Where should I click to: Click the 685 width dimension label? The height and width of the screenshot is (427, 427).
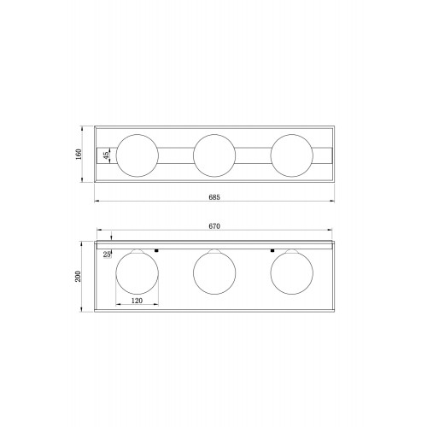tap(214, 197)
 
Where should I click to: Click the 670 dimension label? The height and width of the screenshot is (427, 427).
tap(214, 226)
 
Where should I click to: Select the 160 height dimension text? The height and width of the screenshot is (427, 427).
tap(79, 154)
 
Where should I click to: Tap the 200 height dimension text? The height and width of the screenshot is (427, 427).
tap(78, 276)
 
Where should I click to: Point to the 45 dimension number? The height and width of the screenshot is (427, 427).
tap(106, 155)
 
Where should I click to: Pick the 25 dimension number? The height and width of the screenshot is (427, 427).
tap(107, 254)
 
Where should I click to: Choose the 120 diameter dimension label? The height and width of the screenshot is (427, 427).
tap(137, 301)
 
